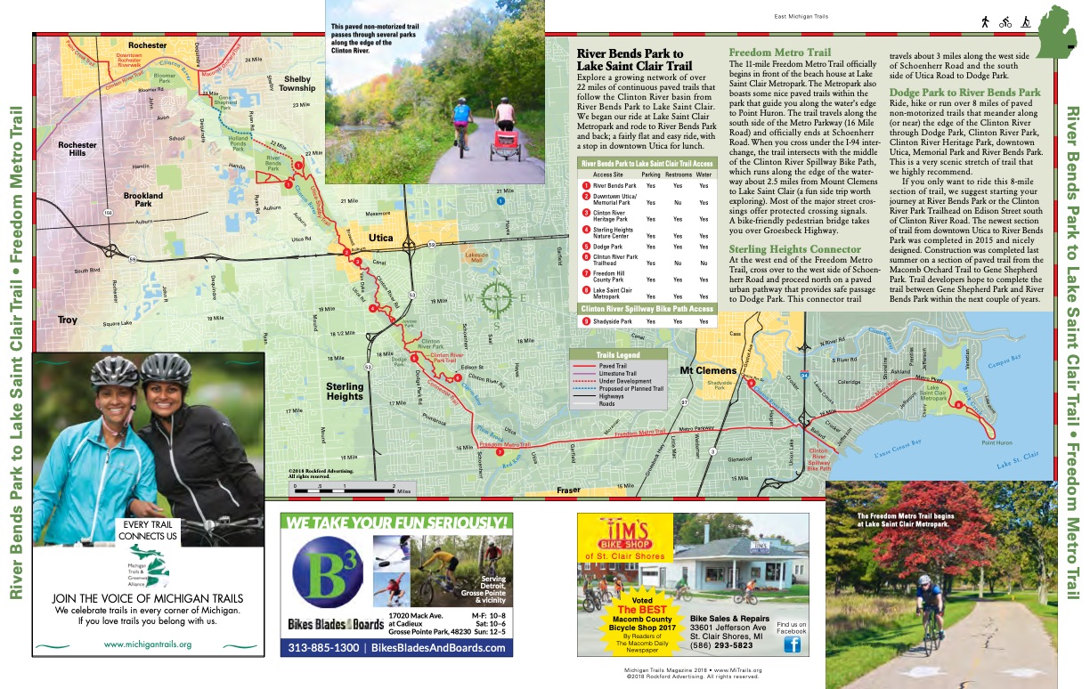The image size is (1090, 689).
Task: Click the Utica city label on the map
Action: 380,239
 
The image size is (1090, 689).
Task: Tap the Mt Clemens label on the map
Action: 709,370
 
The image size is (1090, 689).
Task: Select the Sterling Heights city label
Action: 345,392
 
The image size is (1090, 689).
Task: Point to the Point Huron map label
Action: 996,442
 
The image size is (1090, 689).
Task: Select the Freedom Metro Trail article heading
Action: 779,53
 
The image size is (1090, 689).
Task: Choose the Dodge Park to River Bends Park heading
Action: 964,93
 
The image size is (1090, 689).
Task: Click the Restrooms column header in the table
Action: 678,175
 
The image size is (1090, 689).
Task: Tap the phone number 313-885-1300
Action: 321,648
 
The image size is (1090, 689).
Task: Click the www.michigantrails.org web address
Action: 148,644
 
